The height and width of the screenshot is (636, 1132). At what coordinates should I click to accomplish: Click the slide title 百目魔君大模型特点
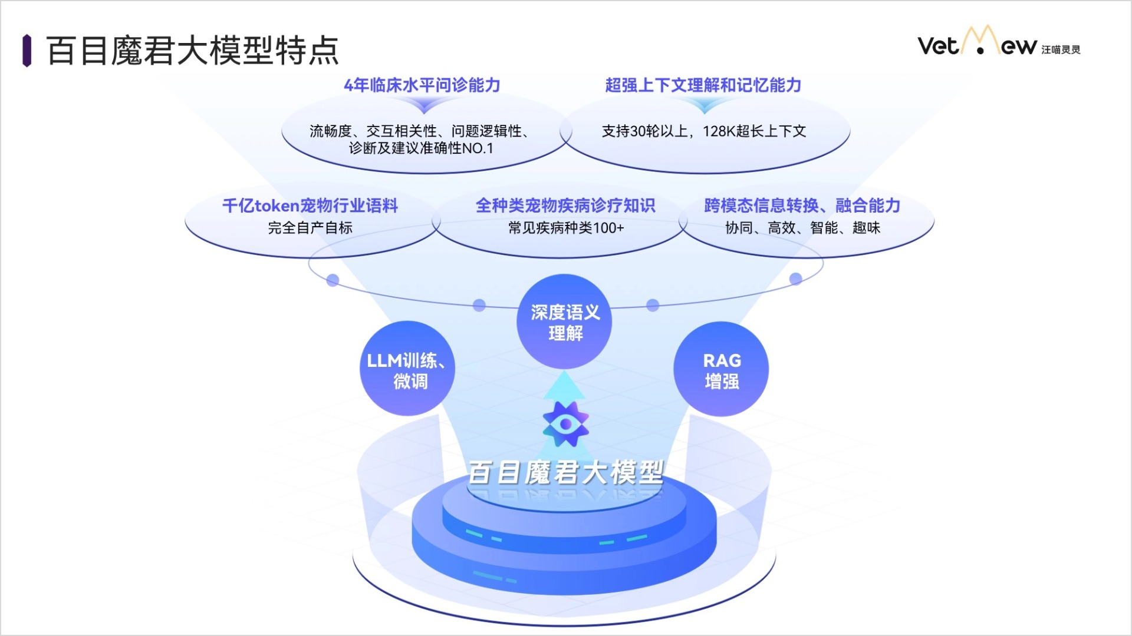(x=192, y=51)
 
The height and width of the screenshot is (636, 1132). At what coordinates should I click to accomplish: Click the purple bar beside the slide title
(x=27, y=51)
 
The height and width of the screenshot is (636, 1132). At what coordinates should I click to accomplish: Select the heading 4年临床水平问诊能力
(x=422, y=85)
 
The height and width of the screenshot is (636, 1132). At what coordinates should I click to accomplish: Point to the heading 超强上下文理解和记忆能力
(x=703, y=85)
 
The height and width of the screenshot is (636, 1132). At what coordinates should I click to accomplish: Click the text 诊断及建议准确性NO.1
(x=420, y=148)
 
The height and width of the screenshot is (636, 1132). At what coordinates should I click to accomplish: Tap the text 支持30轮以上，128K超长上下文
(x=703, y=131)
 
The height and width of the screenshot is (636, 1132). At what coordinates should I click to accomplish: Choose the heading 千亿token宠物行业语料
(x=310, y=206)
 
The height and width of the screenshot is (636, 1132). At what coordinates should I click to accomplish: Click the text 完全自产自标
(x=310, y=228)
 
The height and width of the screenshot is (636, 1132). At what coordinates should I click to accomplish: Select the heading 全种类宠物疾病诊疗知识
(x=565, y=206)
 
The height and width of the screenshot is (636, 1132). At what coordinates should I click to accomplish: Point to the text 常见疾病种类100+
(x=566, y=228)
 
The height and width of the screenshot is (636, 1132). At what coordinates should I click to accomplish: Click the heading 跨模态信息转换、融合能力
(x=802, y=206)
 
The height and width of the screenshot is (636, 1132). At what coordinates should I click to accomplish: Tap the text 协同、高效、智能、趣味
(x=802, y=228)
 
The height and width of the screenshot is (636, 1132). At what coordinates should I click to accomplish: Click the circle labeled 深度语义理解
(x=564, y=322)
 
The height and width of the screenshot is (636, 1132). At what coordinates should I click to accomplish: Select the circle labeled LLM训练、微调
(x=407, y=369)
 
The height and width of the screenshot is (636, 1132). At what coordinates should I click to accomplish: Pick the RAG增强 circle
(x=721, y=369)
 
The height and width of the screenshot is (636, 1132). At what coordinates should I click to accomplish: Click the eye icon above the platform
(x=565, y=424)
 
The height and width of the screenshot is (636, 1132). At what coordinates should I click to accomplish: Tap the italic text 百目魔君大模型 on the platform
(x=565, y=472)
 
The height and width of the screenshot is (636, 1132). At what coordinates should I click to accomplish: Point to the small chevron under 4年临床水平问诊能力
(x=423, y=105)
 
